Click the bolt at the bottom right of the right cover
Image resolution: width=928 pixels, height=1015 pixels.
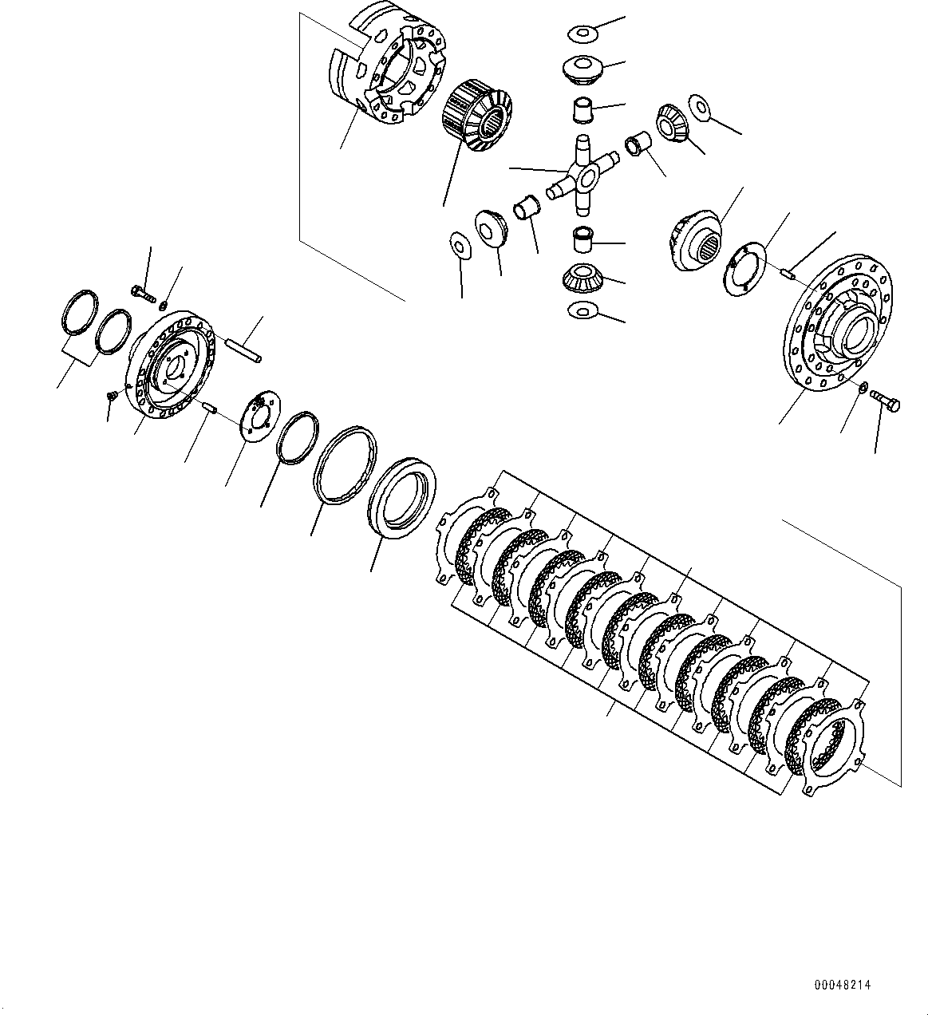(884, 400)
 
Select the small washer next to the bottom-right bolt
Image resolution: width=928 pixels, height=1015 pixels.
(863, 387)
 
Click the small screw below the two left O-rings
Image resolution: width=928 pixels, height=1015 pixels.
(110, 395)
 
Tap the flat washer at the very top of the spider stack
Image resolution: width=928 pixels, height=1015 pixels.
(582, 34)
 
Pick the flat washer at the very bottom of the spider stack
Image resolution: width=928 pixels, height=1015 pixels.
(582, 310)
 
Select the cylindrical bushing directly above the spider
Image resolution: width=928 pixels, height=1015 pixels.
(582, 108)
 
